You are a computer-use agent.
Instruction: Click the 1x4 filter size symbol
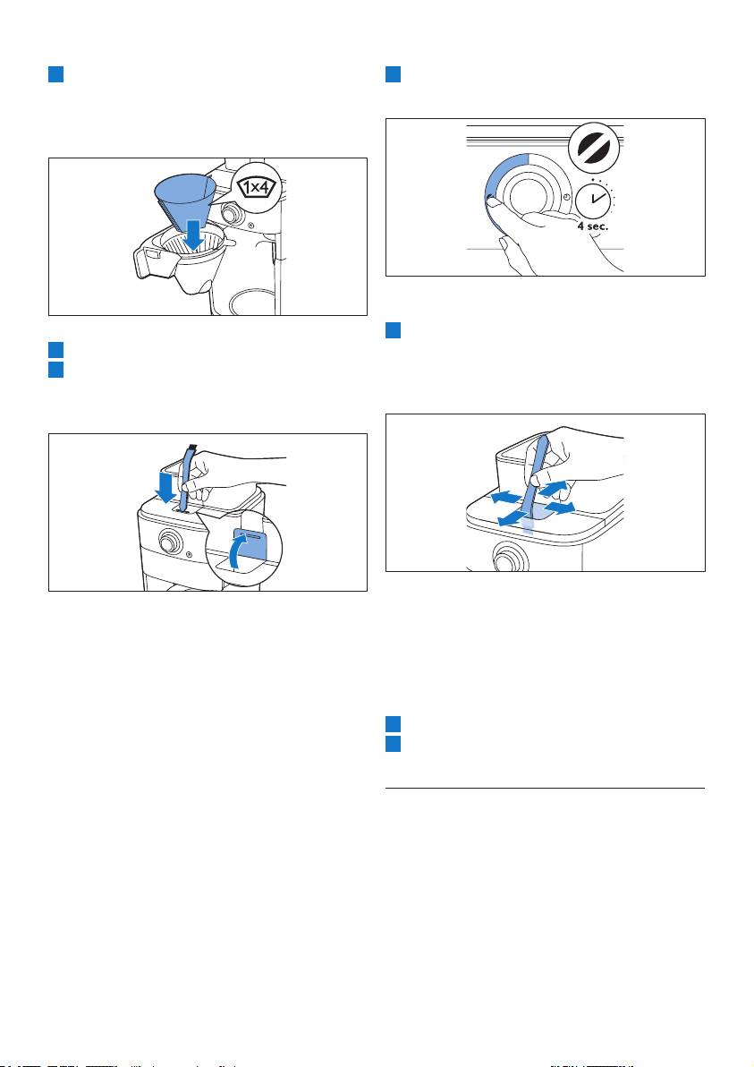click(256, 187)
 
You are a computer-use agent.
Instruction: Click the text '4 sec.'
click(592, 226)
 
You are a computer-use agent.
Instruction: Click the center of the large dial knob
click(529, 196)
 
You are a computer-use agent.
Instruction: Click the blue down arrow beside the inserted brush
click(165, 486)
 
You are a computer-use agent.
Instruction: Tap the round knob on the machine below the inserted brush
click(167, 542)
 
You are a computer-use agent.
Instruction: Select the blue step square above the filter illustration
click(55, 74)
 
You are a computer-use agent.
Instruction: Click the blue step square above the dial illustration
click(393, 74)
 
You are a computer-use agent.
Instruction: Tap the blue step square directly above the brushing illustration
click(393, 330)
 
